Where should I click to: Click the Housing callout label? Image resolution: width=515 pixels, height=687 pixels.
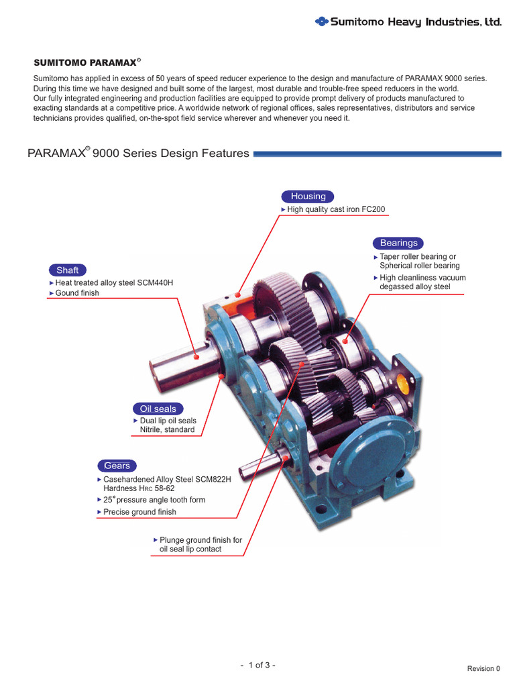pyautogui.click(x=308, y=197)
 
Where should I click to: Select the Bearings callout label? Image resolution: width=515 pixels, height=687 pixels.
pyautogui.click(x=398, y=243)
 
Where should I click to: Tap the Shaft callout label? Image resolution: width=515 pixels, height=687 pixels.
pyautogui.click(x=67, y=270)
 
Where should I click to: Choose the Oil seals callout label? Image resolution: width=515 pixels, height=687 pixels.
pyautogui.click(x=158, y=409)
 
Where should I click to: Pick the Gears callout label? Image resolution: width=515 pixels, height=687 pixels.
pyautogui.click(x=117, y=466)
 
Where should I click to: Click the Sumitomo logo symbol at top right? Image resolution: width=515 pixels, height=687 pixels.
pyautogui.click(x=321, y=22)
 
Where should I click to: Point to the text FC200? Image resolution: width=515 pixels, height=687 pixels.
pyautogui.click(x=373, y=210)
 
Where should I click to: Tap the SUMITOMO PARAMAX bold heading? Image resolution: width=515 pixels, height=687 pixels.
pyautogui.click(x=84, y=62)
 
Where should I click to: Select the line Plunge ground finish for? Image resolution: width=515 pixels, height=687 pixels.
pyautogui.click(x=201, y=540)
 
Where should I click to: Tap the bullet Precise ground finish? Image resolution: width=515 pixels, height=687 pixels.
pyautogui.click(x=139, y=512)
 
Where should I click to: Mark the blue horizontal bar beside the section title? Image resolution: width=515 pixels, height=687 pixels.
pyautogui.click(x=378, y=154)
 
